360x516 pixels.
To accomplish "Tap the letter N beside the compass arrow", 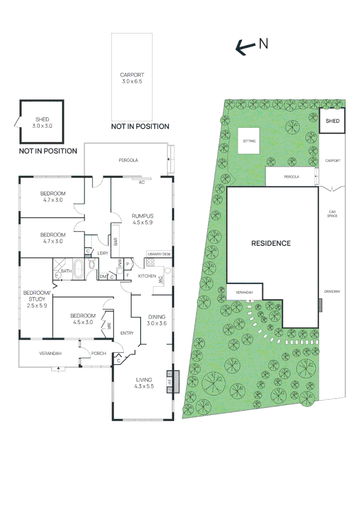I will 263,44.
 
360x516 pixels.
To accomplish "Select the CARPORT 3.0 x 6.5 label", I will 132,78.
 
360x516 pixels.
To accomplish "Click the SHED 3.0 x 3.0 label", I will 42,123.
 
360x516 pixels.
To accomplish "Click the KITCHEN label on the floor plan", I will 147,276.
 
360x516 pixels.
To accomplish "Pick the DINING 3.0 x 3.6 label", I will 157,320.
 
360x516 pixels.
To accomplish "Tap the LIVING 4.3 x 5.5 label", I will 143,383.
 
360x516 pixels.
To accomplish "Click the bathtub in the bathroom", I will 78,269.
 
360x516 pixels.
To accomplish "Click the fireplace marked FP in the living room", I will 171,382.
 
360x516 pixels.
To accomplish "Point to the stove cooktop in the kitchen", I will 151,262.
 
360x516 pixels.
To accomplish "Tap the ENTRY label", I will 127,333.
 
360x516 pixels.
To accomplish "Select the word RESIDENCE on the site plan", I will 271,243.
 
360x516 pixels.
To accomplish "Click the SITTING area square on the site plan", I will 249,141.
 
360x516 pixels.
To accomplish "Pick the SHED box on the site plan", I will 332,121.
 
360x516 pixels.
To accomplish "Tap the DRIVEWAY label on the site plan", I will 332,291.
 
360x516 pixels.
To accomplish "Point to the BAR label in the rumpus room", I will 116,242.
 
